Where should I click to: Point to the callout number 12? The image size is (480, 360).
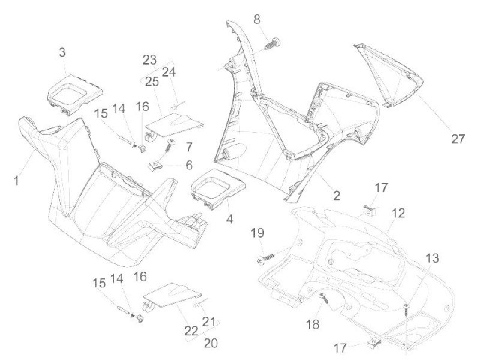tap(397, 214)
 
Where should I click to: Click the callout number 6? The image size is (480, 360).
tap(189, 164)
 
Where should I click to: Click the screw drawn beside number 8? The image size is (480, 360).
tap(271, 41)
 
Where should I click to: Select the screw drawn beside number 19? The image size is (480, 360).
tap(267, 256)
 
